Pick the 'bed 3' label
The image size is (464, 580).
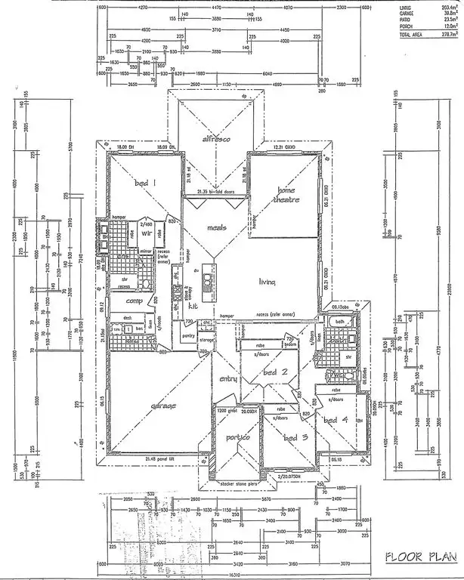point(292,437)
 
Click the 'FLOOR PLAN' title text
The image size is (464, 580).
point(421,557)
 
